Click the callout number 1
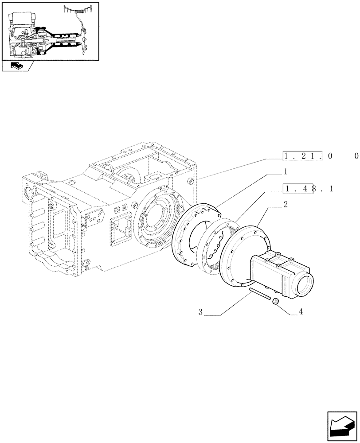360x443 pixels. tap(286, 171)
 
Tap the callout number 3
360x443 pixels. tap(200, 312)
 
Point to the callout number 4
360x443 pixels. tap(301, 312)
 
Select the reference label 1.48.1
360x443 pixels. tap(309, 189)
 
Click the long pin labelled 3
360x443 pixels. tap(260, 295)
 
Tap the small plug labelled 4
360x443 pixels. tap(275, 302)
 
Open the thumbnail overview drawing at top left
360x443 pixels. tap(51, 31)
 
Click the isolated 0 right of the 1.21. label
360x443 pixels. tap(356, 156)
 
